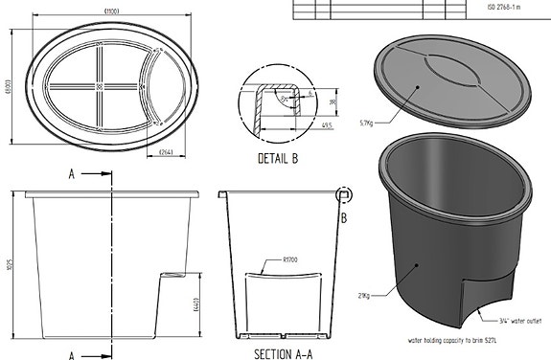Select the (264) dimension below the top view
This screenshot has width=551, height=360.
click(x=164, y=152)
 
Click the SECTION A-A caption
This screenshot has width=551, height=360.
click(x=286, y=353)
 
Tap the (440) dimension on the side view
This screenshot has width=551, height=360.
click(x=196, y=304)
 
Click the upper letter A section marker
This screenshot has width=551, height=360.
click(x=73, y=175)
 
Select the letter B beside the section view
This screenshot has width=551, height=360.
click(x=343, y=218)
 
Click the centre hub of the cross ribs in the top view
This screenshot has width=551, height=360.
click(x=101, y=86)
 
